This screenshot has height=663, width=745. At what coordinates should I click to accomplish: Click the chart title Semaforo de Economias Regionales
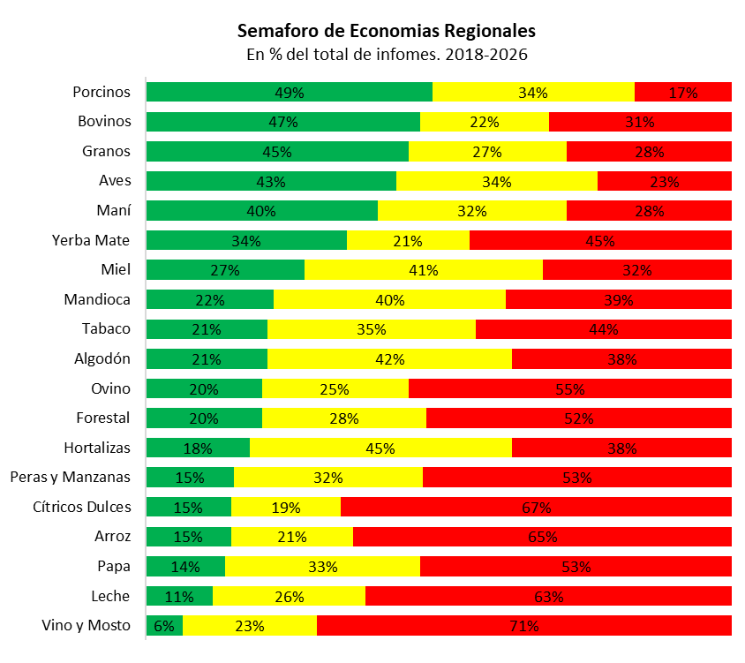(x=386, y=31)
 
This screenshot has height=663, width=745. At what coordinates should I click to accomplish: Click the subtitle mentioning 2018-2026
(x=386, y=55)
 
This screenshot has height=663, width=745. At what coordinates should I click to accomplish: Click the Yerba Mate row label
(x=91, y=240)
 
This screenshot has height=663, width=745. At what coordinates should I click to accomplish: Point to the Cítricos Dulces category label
(x=81, y=507)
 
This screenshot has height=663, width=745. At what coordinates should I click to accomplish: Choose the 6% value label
(x=164, y=626)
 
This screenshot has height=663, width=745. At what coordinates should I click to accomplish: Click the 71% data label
(x=524, y=626)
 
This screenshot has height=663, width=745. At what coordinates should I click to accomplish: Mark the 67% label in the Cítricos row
(x=536, y=508)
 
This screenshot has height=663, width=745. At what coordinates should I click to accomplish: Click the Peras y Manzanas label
(x=70, y=477)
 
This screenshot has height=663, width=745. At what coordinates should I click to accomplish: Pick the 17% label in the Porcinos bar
(x=683, y=93)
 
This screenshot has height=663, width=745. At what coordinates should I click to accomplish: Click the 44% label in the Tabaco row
(x=604, y=329)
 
